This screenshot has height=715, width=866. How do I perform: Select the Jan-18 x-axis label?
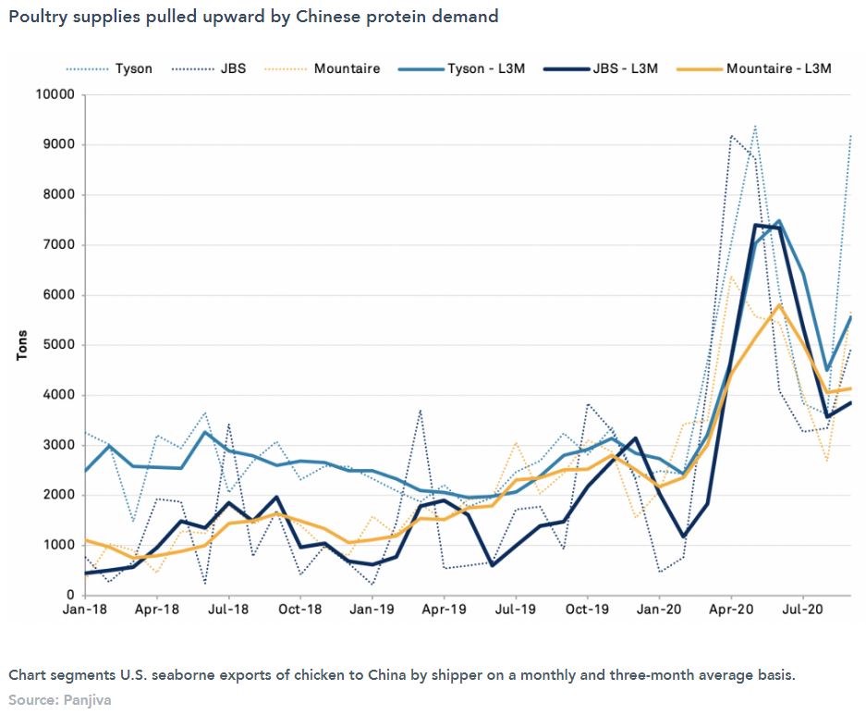[x=84, y=610]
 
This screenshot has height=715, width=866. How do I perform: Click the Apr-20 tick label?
[x=731, y=610]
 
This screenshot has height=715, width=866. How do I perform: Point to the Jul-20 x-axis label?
[x=803, y=610]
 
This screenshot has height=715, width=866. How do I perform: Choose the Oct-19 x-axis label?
[x=588, y=610]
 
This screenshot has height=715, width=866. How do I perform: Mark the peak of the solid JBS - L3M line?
[x=756, y=225]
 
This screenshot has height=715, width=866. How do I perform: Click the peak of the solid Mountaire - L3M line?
[x=780, y=305]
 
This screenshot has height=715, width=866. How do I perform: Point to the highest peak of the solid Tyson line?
[x=779, y=221]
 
